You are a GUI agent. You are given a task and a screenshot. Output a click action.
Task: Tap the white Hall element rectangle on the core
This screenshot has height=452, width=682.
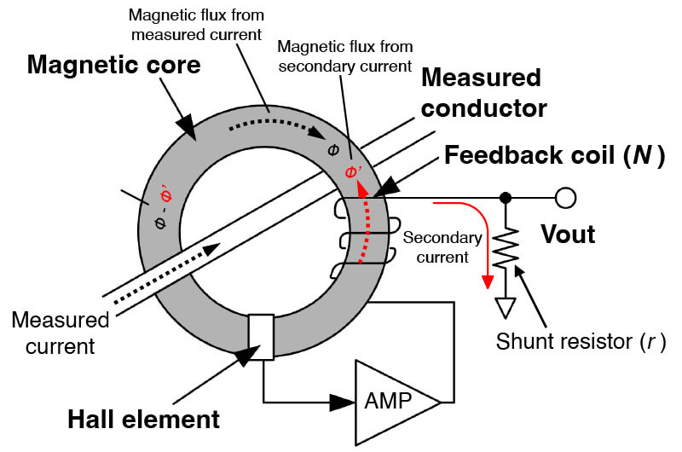[260, 338]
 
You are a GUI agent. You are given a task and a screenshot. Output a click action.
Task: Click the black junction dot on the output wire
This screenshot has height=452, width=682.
[506, 198]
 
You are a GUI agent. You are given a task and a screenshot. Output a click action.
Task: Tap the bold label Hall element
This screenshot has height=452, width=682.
[145, 420]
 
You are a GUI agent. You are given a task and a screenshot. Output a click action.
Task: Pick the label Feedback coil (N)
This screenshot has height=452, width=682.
[554, 156]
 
